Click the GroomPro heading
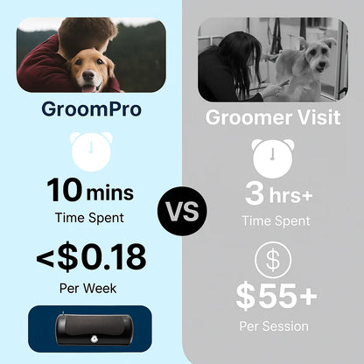[91, 110]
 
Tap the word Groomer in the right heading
[248, 117]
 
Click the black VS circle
[182, 211]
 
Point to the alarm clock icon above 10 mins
[91, 151]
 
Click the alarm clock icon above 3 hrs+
[273, 158]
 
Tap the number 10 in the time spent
[65, 190]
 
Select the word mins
[110, 193]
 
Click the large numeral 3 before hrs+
[255, 193]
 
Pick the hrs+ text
[290, 195]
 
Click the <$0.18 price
[91, 256]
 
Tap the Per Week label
[87, 289]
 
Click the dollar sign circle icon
[273, 260]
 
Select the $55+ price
[276, 297]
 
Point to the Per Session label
[274, 326]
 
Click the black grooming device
[94, 330]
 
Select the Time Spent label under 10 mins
[89, 218]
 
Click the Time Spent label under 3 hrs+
[276, 220]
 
